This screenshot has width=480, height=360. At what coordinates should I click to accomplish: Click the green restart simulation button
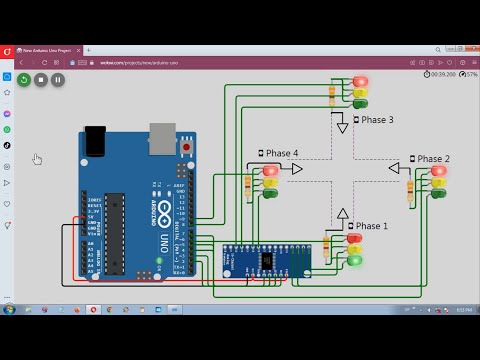click(x=24, y=79)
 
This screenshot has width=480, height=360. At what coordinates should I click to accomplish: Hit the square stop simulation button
click(x=41, y=79)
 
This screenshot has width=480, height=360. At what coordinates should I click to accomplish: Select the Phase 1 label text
click(x=371, y=226)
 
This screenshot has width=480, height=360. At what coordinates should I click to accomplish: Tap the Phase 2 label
click(x=433, y=159)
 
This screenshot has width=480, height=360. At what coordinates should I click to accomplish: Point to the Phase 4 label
click(x=281, y=153)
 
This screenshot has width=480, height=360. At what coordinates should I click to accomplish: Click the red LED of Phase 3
click(x=360, y=82)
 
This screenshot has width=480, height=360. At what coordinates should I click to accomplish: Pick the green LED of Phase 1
click(x=354, y=261)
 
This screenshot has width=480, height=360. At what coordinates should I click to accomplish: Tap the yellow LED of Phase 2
click(x=438, y=181)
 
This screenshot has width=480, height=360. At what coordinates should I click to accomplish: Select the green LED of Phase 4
click(x=270, y=193)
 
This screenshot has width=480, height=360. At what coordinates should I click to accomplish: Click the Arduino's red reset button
click(x=186, y=148)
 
